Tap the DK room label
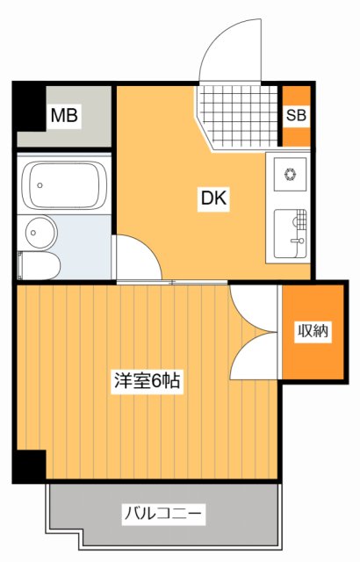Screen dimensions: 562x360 (213, 199)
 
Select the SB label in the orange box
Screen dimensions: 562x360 (296, 115)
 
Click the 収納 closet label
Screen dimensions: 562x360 (312, 331)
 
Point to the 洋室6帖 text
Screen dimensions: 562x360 (146, 381)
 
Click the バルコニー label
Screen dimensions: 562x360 (163, 512)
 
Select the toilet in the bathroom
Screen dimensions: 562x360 (39, 265)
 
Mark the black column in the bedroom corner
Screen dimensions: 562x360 (28, 465)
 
